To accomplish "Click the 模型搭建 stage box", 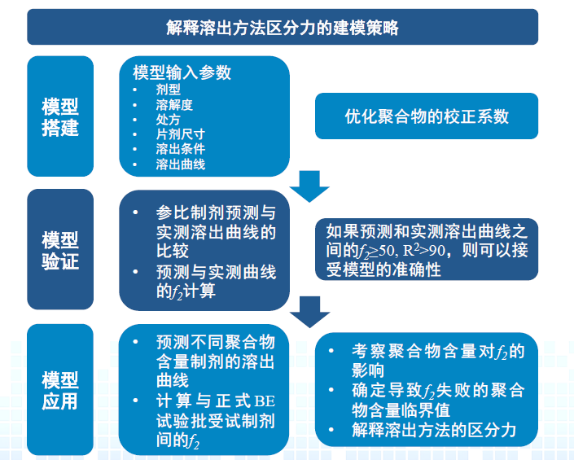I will (x=60, y=116).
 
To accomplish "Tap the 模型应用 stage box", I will (x=60, y=390).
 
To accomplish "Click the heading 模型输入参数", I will (x=182, y=72).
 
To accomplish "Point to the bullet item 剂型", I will (x=168, y=90).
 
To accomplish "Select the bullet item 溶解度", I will (x=173, y=104).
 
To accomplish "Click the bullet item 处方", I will (x=168, y=119).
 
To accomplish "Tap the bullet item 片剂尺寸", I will (x=180, y=134).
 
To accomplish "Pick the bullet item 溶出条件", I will (x=180, y=149).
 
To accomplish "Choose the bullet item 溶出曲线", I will (x=180, y=164).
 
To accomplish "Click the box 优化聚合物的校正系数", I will (x=427, y=116).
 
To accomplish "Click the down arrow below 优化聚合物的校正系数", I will (x=309, y=186).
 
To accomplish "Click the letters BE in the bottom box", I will (x=265, y=401).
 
